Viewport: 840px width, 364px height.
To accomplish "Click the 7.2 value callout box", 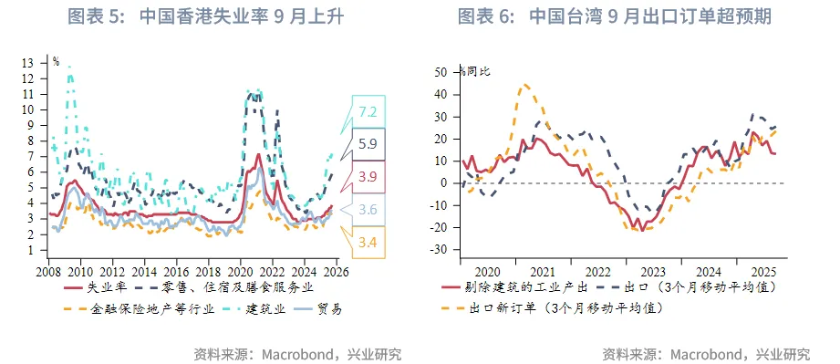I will [x=368, y=112].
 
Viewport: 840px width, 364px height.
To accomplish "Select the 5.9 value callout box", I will [x=368, y=144].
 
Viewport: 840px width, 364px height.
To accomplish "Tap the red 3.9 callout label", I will [x=368, y=176].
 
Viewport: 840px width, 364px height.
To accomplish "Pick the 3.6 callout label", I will [x=368, y=209].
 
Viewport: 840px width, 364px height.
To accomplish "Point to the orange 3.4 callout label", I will [x=368, y=242].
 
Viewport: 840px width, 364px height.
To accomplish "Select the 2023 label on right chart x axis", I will [x=652, y=271].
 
